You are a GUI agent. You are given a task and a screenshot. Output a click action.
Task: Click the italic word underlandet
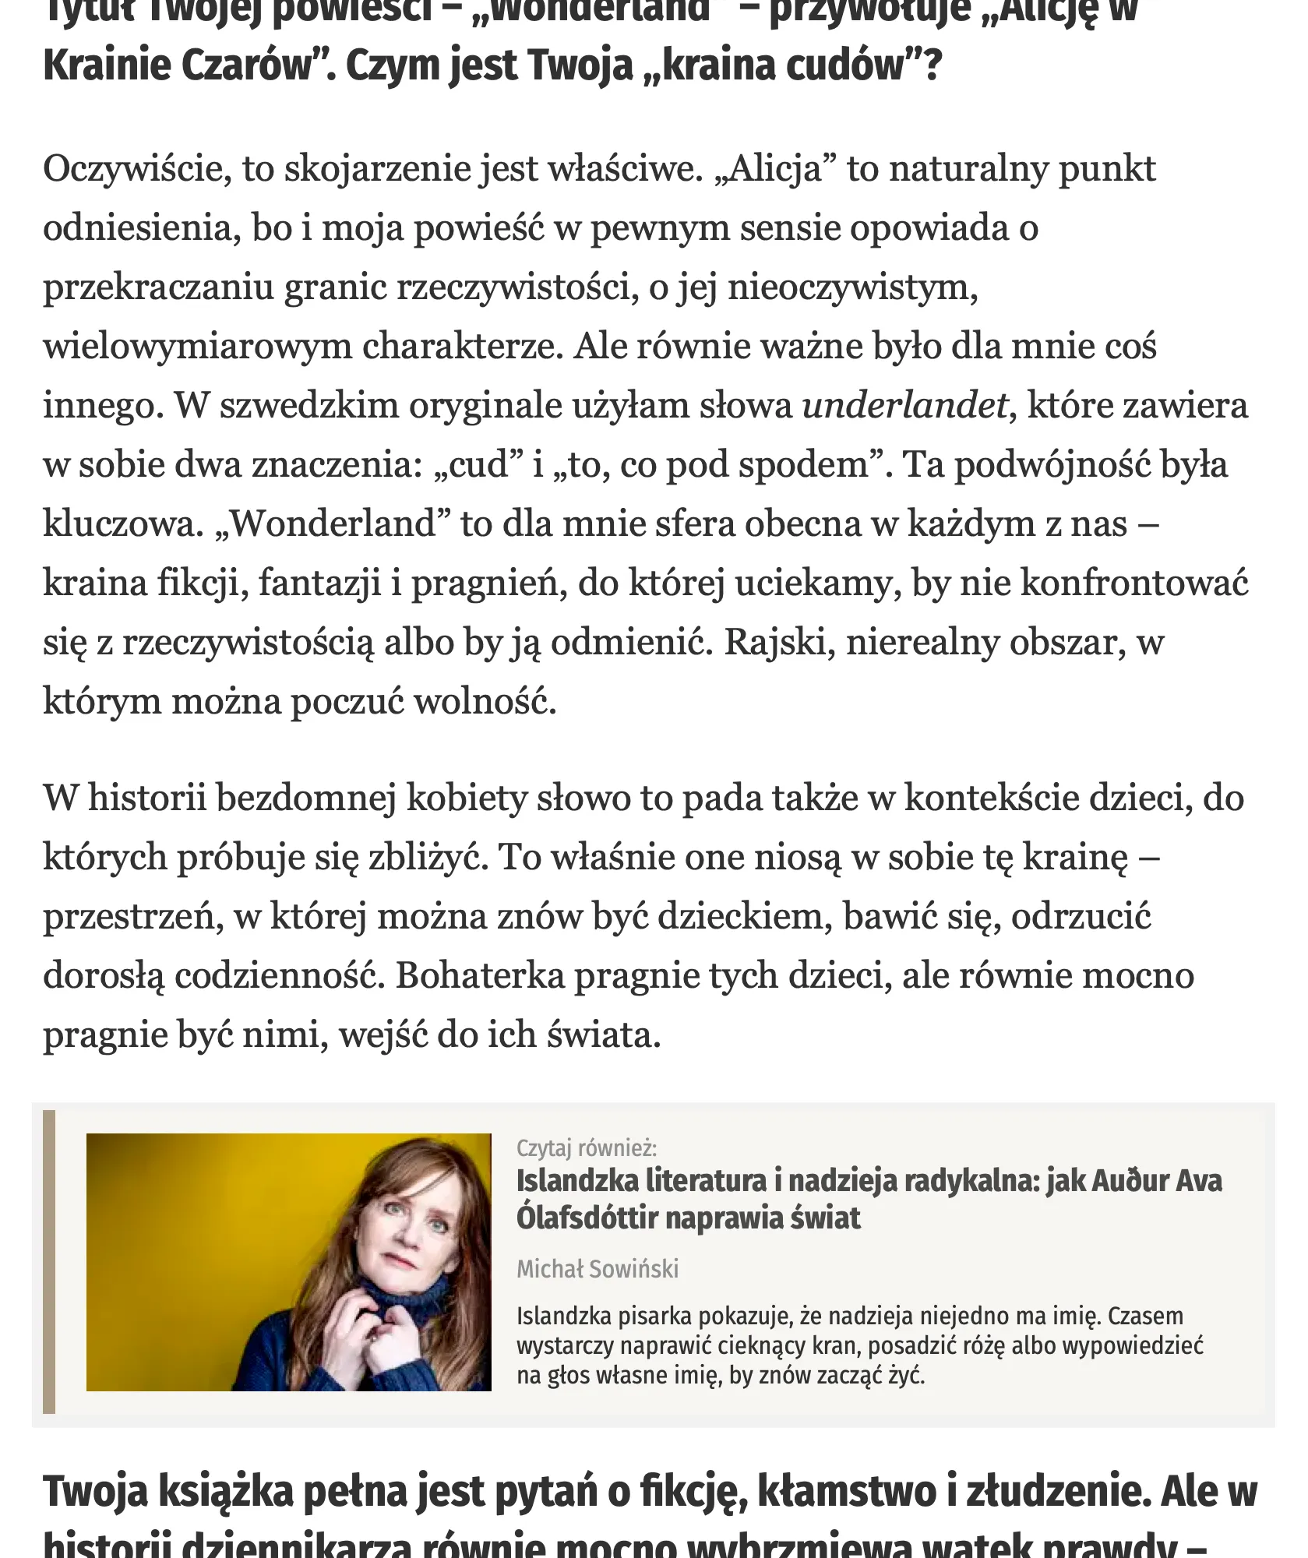pos(904,406)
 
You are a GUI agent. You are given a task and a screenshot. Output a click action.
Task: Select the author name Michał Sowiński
pos(598,1269)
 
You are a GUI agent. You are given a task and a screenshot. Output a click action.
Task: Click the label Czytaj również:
pos(586,1147)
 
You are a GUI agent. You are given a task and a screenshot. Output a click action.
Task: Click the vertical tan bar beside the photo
pos(49,1262)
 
